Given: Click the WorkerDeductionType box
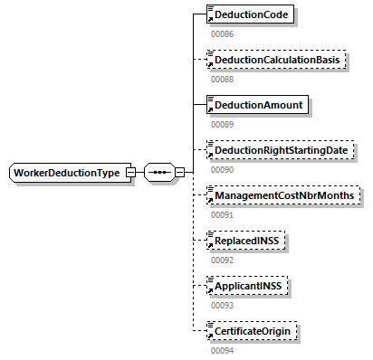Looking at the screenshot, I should [x=66, y=173].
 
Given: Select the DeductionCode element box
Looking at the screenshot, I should [x=251, y=15].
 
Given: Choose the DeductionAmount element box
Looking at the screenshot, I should [x=256, y=105].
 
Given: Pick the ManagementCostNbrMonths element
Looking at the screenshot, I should [x=282, y=195].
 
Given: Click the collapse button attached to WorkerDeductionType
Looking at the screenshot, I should [x=131, y=173].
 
